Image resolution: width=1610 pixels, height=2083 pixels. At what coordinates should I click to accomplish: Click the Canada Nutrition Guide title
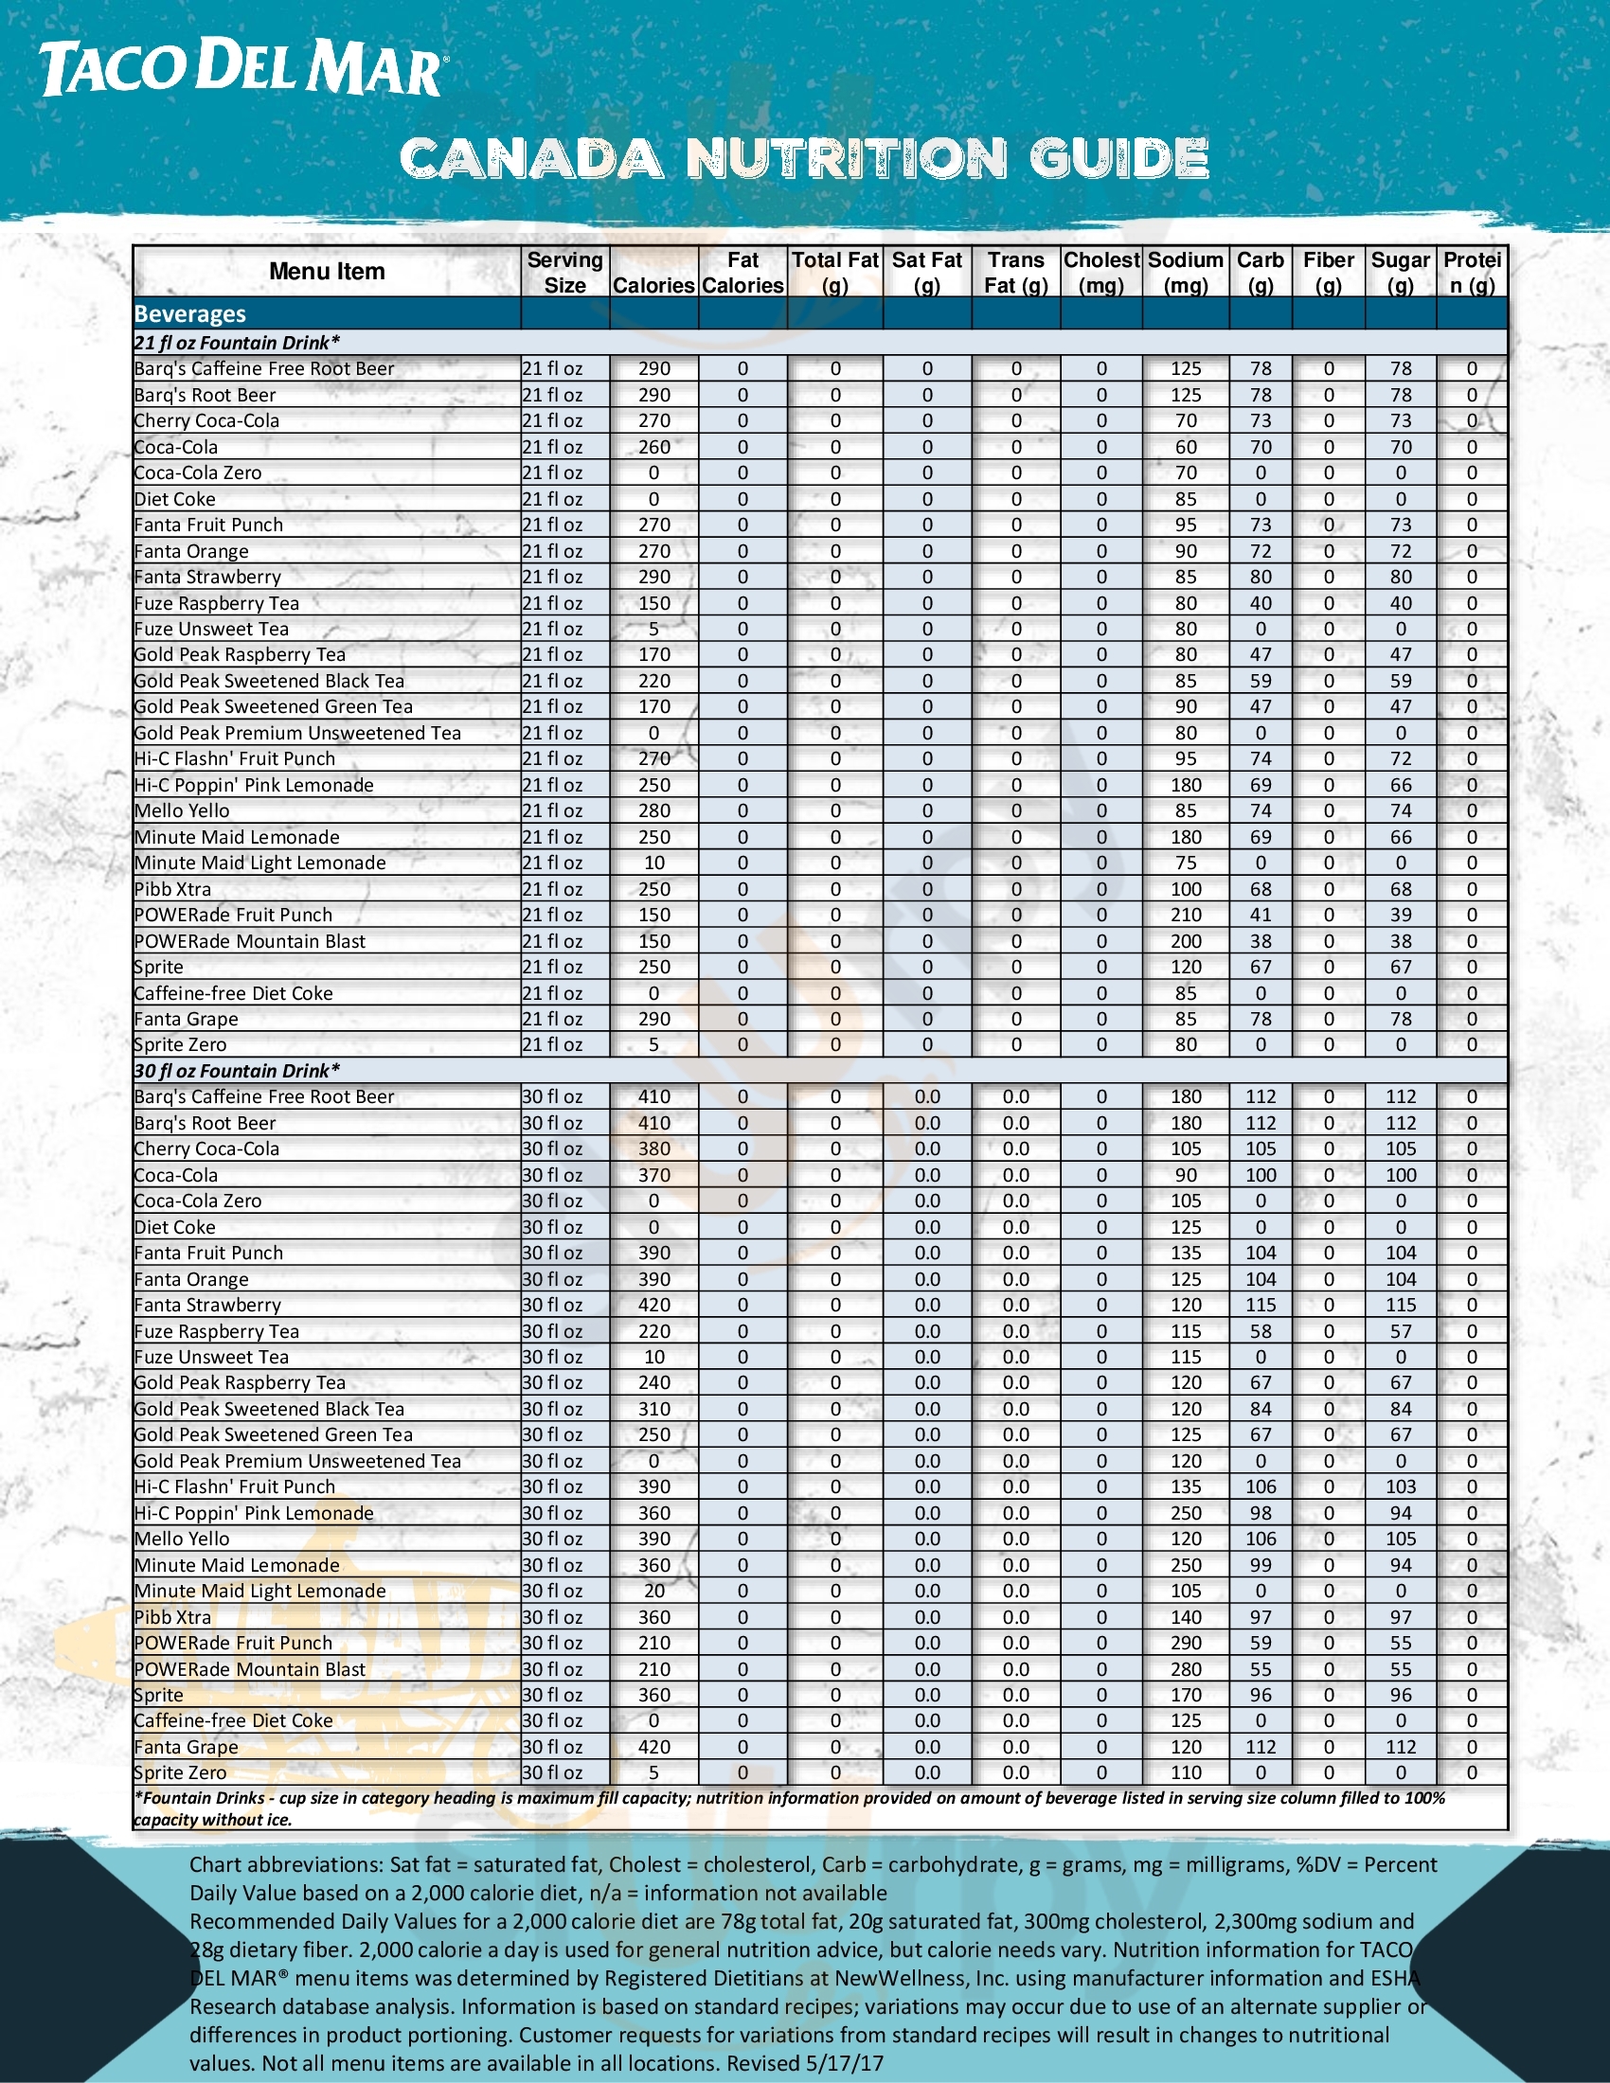pyautogui.click(x=804, y=158)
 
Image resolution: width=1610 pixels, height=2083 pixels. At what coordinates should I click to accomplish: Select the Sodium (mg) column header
pyautogui.click(x=1186, y=273)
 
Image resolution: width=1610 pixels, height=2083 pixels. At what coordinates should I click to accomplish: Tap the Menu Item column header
pyautogui.click(x=327, y=272)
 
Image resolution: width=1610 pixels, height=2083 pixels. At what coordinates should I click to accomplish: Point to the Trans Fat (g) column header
pyautogui.click(x=1016, y=273)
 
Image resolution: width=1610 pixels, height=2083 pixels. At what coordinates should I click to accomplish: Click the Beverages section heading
pyautogui.click(x=190, y=313)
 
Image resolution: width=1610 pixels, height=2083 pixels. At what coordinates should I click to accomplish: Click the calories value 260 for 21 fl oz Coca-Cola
pyautogui.click(x=654, y=447)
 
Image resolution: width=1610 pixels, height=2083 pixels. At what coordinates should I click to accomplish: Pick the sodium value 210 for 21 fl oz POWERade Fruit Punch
pyautogui.click(x=1186, y=916)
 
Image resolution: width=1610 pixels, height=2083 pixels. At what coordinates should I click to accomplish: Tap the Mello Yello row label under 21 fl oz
pyautogui.click(x=182, y=810)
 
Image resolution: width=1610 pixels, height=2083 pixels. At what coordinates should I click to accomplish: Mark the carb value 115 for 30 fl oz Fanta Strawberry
pyautogui.click(x=1260, y=1306)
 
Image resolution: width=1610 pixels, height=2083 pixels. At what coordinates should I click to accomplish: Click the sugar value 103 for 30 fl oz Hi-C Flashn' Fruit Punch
pyautogui.click(x=1400, y=1487)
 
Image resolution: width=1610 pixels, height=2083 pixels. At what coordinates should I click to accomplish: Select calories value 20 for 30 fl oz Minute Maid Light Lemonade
pyautogui.click(x=654, y=1591)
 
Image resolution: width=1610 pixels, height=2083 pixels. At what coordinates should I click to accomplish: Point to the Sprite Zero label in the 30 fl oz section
pyautogui.click(x=181, y=1773)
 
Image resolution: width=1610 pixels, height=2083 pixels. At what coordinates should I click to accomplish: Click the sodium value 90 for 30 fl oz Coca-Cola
pyautogui.click(x=1186, y=1175)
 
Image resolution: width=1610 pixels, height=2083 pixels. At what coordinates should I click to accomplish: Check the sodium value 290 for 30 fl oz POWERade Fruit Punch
pyautogui.click(x=1186, y=1643)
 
